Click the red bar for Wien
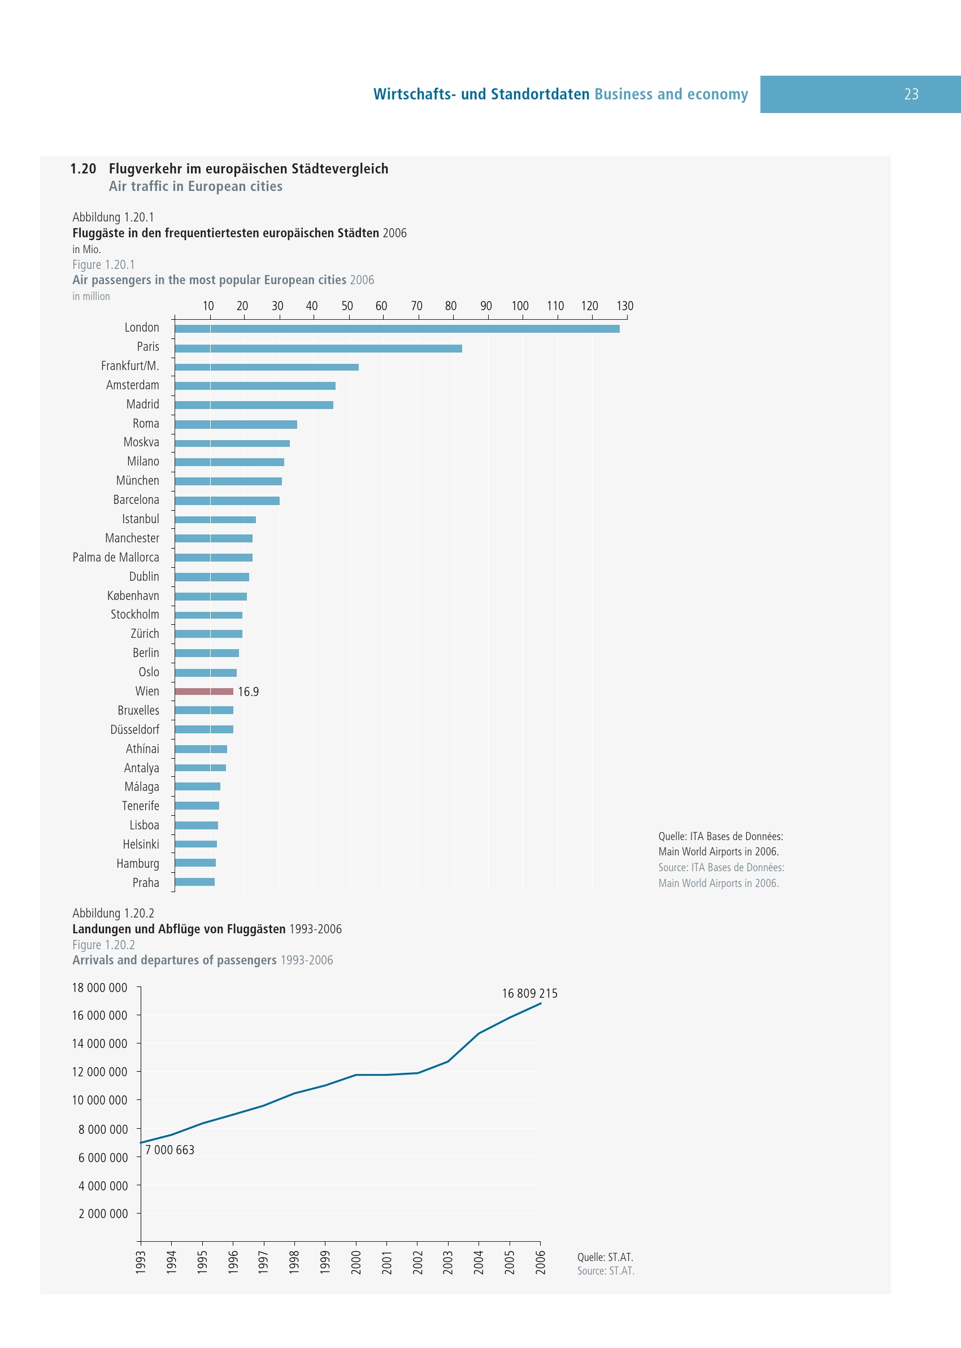point(203,691)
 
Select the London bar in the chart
point(397,328)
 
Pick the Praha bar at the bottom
point(195,882)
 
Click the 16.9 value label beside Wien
point(249,692)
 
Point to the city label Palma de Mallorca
point(116,558)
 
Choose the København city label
point(133,596)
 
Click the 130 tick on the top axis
point(625,306)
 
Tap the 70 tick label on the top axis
point(416,306)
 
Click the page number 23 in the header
point(911,94)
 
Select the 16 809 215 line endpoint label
point(529,994)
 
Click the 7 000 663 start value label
point(170,1150)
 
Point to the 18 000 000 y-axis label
point(99,988)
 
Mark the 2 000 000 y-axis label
point(103,1214)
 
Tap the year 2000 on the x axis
point(355,1262)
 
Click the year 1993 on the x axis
point(141,1262)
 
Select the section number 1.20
point(83,169)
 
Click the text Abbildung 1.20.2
point(113,913)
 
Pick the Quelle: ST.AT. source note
point(605,1257)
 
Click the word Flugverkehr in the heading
point(146,169)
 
